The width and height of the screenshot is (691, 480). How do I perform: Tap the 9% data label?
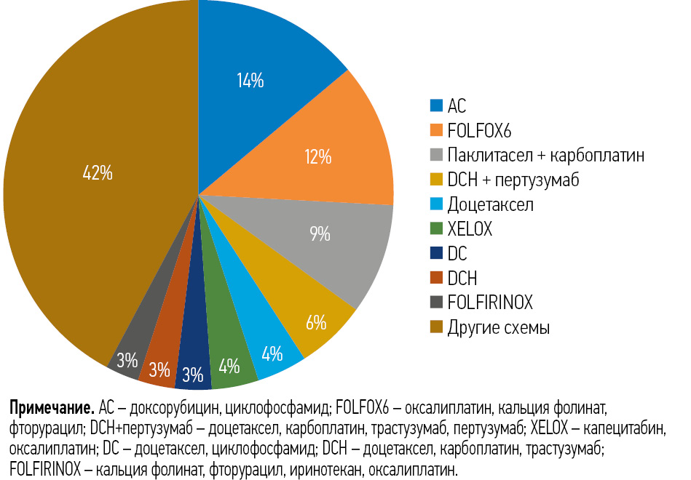320,234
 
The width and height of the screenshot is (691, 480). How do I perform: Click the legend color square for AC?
436,106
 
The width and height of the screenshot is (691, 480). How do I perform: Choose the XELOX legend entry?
470,230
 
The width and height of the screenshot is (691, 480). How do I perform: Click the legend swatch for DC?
436,255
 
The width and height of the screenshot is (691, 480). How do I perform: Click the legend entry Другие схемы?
499,328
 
